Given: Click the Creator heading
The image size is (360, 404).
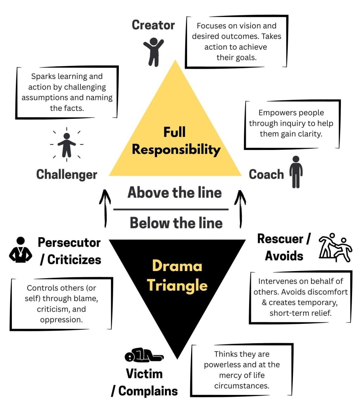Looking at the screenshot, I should [153, 25].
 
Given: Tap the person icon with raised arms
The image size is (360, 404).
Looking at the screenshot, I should [153, 51].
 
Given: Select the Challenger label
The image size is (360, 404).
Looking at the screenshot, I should [67, 174].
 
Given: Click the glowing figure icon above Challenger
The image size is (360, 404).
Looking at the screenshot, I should [67, 144].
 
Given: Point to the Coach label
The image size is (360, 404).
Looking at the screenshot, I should [266, 174].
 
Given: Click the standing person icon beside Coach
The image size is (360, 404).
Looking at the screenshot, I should [296, 172].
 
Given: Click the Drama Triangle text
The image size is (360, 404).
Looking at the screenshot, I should [177, 275].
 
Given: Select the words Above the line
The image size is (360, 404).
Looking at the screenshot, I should [174, 193].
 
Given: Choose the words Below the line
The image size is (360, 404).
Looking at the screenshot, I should [176, 223].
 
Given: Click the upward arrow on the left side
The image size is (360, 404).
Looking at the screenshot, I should [105, 208].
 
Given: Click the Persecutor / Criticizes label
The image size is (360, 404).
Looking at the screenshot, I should [70, 251].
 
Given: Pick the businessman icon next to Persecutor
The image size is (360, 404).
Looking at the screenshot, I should [21, 250].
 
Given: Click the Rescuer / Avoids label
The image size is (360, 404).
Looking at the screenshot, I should [284, 247].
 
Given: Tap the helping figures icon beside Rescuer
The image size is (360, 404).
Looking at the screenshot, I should [335, 247].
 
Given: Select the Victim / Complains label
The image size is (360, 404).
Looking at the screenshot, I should [144, 382].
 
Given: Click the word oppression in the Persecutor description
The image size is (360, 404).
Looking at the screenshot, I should [61, 319].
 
